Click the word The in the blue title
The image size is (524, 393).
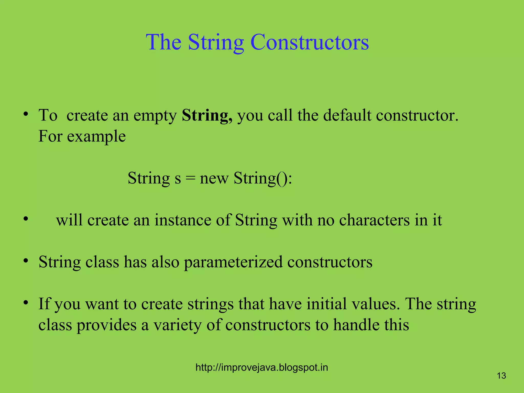click(164, 42)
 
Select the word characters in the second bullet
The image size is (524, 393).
click(374, 220)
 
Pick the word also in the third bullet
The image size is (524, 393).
click(165, 262)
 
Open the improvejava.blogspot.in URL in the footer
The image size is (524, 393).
click(261, 368)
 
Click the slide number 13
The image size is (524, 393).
click(501, 376)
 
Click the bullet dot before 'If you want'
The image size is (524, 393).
click(25, 303)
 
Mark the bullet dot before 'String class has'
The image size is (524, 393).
click(25, 261)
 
